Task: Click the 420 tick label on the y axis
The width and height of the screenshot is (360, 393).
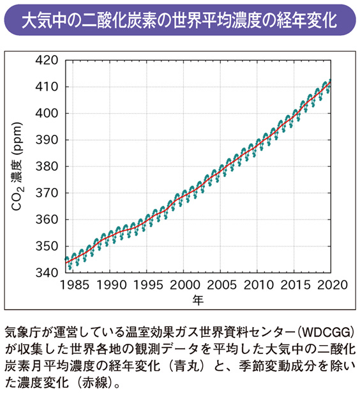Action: (48, 60)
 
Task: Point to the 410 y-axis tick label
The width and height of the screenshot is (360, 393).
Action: (48, 87)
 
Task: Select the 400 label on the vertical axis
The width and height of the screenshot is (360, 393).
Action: (48, 113)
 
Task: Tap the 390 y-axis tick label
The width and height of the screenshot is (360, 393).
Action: (48, 140)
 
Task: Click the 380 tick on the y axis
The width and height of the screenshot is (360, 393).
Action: (48, 167)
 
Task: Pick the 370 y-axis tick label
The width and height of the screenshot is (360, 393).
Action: (48, 193)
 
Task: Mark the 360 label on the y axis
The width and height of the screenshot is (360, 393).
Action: (48, 220)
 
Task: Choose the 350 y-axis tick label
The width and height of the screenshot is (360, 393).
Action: (48, 246)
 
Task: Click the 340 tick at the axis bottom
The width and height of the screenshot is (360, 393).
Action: (48, 273)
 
